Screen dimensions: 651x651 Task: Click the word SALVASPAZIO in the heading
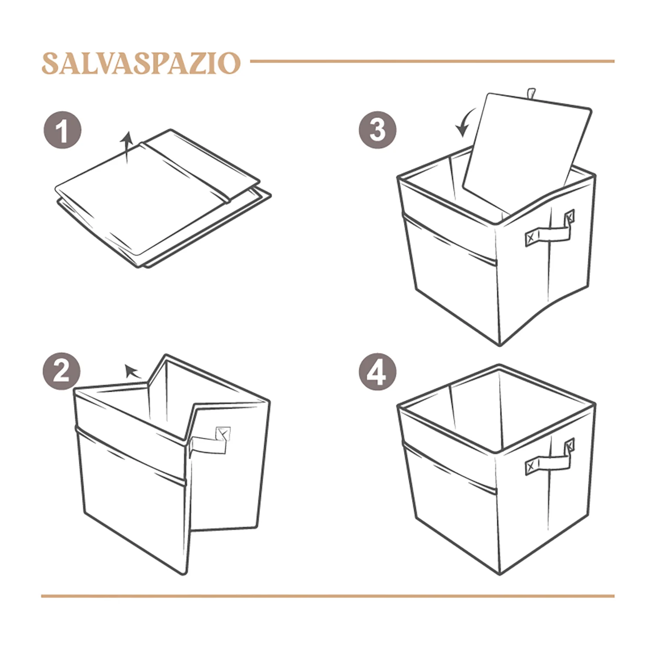[x=141, y=63]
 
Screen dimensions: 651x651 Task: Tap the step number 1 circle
[x=62, y=130]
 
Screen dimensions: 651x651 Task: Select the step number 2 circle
[x=62, y=371]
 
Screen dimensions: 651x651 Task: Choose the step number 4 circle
[x=378, y=372]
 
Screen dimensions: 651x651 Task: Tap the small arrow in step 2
[x=132, y=372]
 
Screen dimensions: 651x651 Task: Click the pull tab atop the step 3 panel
[x=530, y=94]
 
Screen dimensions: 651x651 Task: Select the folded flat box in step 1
[x=163, y=198]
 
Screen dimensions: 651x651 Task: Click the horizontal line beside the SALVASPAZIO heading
[x=432, y=61]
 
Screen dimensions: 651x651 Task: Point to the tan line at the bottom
[x=328, y=596]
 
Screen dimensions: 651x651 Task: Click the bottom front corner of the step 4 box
[x=500, y=575]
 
